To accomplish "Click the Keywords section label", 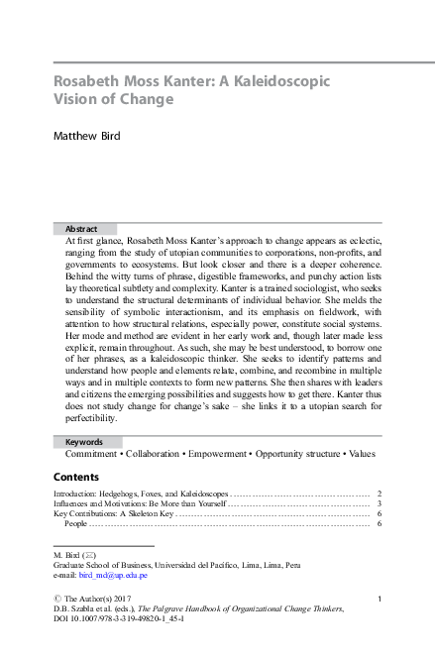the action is (84, 442).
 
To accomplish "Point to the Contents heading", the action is (75, 477).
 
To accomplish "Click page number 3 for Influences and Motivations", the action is (381, 503).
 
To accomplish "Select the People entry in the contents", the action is (76, 524).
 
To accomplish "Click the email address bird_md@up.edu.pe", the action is (116, 575).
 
